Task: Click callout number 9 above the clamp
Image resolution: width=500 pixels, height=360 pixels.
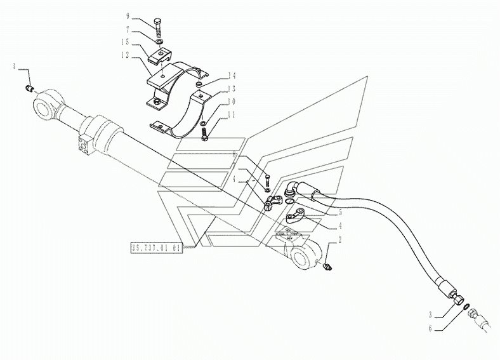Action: click(x=129, y=14)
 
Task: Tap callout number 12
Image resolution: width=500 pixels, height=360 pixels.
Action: click(x=127, y=56)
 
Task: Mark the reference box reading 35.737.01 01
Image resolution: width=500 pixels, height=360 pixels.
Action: click(x=156, y=248)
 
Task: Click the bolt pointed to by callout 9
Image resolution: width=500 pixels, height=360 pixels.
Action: click(x=159, y=29)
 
